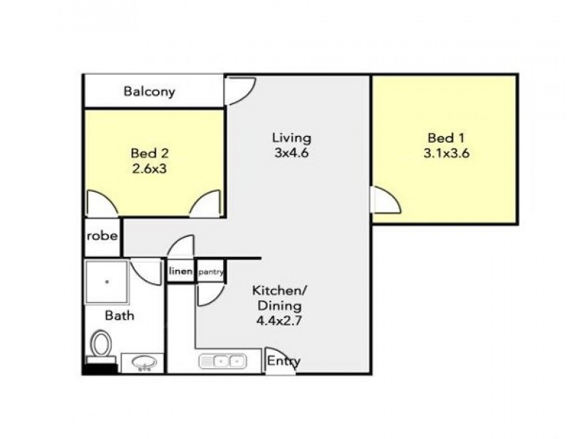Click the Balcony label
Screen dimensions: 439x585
click(x=149, y=92)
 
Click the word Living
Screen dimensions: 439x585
click(x=292, y=138)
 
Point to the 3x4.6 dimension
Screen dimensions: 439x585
click(x=292, y=153)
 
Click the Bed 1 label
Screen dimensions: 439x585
click(x=446, y=138)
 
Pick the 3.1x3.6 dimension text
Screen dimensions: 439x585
click(x=446, y=153)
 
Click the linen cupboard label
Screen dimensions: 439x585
click(x=181, y=272)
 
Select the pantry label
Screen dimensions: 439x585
click(x=210, y=272)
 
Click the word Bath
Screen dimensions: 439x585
click(x=119, y=316)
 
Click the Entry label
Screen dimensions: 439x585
click(x=283, y=361)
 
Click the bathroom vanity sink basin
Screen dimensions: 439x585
click(x=142, y=363)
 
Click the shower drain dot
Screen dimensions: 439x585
click(x=107, y=280)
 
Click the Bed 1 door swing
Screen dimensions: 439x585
click(x=385, y=200)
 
